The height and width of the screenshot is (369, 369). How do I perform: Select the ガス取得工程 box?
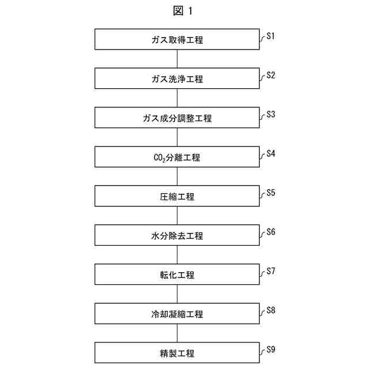coord(177,40)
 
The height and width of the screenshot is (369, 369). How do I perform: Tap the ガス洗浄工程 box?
coord(177,79)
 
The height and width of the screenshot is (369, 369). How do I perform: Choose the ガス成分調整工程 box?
coord(177,118)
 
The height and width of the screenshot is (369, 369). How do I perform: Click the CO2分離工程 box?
coord(177,157)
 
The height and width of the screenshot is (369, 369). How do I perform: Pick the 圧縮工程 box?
coord(177,197)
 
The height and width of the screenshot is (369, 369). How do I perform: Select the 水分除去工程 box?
coord(177,236)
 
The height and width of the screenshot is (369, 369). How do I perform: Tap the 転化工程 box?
coord(177,275)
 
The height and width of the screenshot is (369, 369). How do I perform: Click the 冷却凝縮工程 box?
coord(177,314)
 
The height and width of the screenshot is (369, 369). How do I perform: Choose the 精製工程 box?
coord(177,353)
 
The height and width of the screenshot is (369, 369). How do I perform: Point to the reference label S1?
coord(271,36)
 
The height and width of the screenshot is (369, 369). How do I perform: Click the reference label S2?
coord(271,75)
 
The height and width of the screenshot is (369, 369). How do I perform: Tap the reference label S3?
coord(271,114)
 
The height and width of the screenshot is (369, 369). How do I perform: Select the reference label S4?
coord(271,153)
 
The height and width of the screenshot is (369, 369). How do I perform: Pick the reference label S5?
coord(271,193)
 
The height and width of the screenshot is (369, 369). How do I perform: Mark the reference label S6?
coord(271,232)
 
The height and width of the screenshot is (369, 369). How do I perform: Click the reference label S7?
coord(271,271)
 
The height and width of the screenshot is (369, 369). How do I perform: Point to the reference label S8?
coord(271,310)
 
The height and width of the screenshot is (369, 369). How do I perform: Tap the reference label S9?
coord(271,349)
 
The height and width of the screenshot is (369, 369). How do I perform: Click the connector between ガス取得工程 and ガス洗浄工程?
coord(177,59)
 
